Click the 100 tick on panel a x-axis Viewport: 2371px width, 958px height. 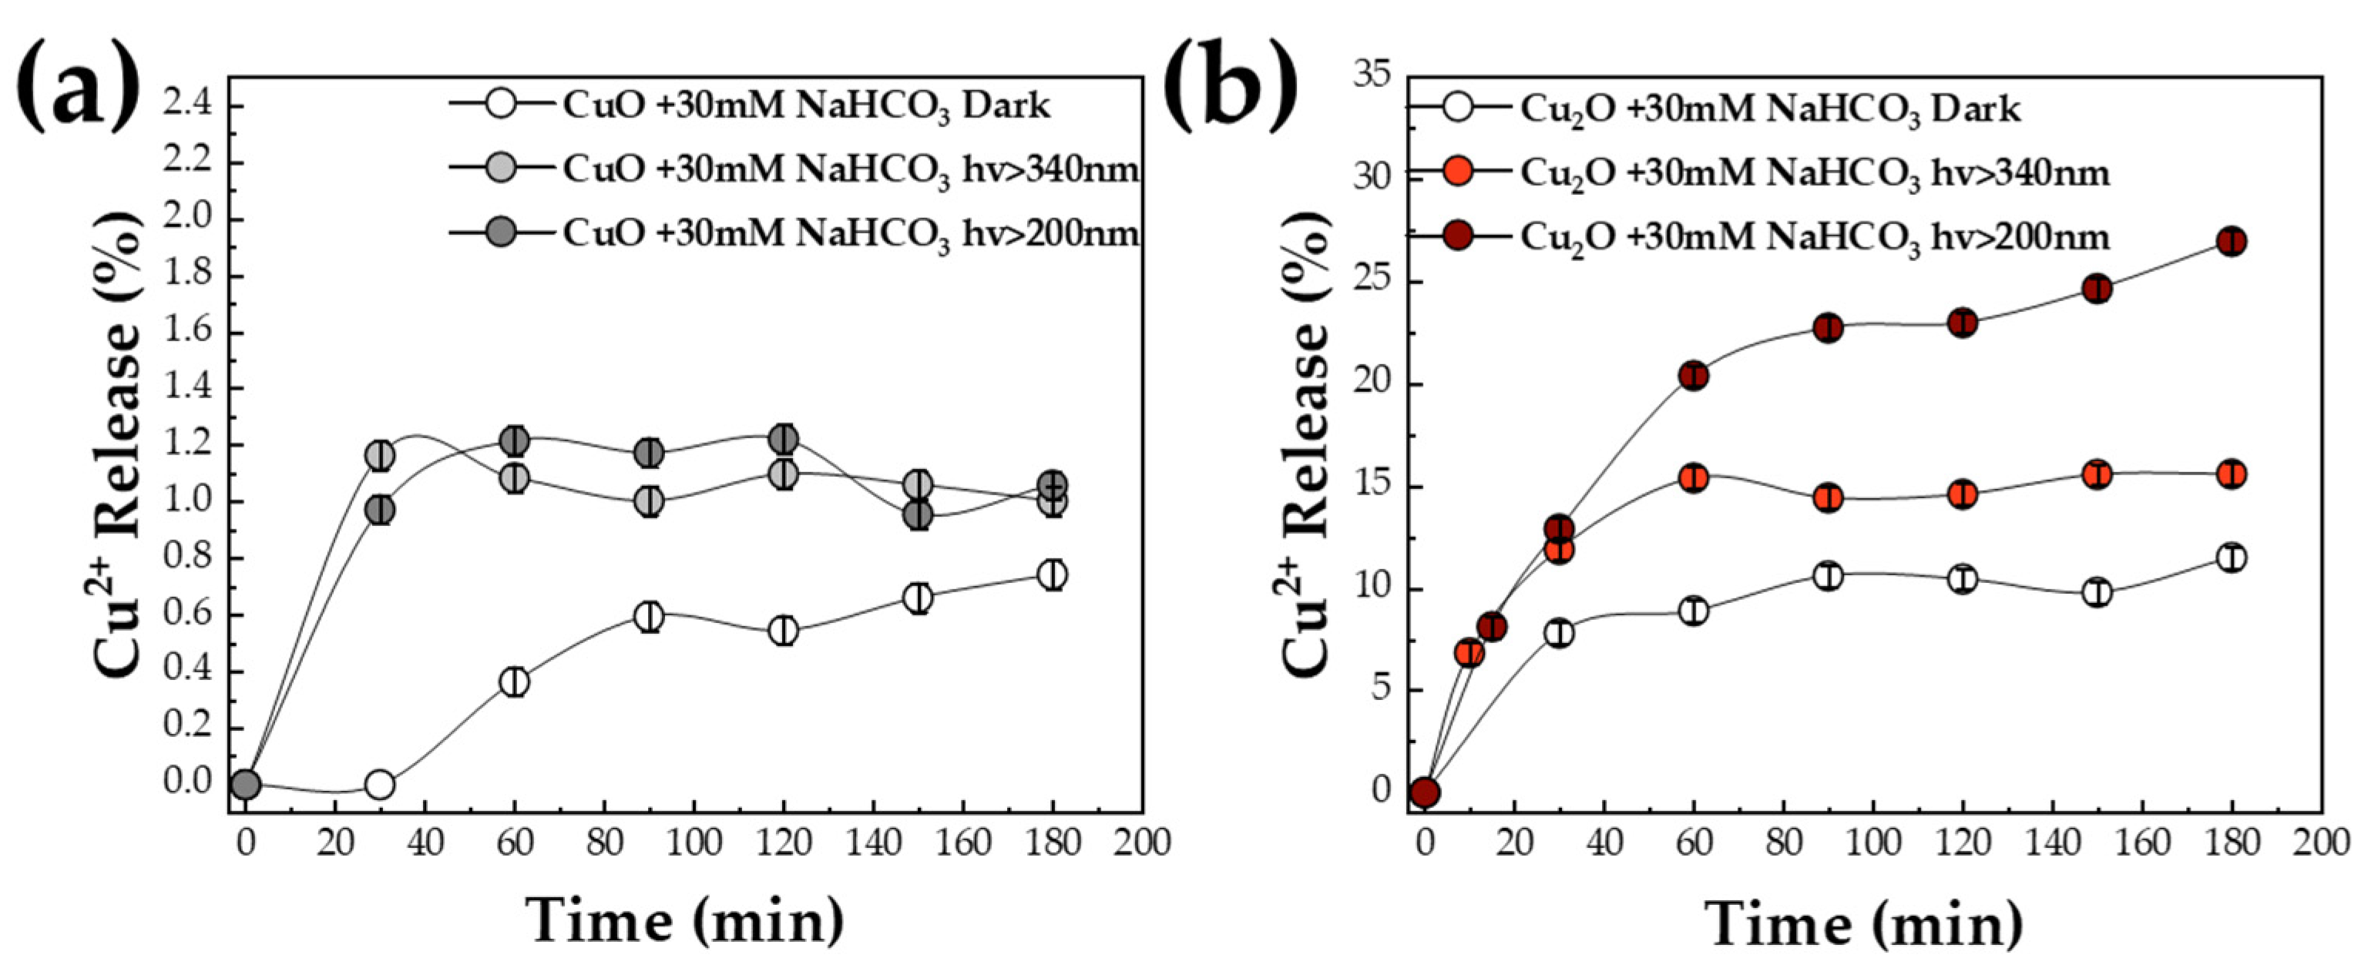(x=692, y=843)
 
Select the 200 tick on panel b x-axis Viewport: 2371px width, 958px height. (x=2320, y=843)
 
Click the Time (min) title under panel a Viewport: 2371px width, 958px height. (x=686, y=920)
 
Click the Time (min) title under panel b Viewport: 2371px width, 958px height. (x=1864, y=922)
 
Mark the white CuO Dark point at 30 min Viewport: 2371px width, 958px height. (x=379, y=785)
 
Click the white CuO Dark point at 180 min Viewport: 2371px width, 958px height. (x=1052, y=574)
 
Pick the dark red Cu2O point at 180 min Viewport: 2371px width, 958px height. (x=2231, y=242)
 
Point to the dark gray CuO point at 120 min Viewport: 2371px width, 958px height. (x=784, y=439)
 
